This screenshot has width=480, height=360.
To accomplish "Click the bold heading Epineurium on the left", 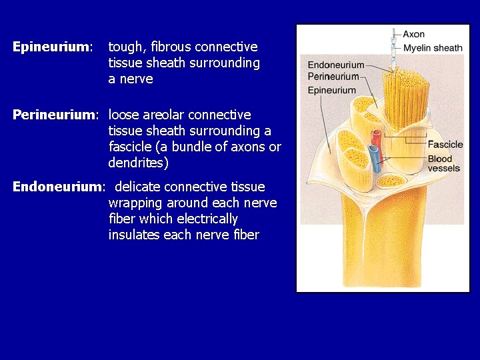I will tap(51, 47).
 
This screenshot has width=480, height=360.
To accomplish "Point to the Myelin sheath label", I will tap(432, 48).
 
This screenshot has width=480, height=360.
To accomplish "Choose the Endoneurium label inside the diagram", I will tap(335, 65).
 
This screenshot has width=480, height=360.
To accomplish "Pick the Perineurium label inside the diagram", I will tap(333, 77).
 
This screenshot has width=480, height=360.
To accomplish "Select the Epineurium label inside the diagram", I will tap(331, 90).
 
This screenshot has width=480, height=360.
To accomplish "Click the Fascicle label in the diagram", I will tap(445, 145).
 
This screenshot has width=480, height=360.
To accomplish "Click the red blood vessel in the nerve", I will tap(376, 140).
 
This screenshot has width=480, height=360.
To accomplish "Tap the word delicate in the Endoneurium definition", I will tap(138, 187).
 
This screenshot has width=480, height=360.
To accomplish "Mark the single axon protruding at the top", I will tap(395, 40).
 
